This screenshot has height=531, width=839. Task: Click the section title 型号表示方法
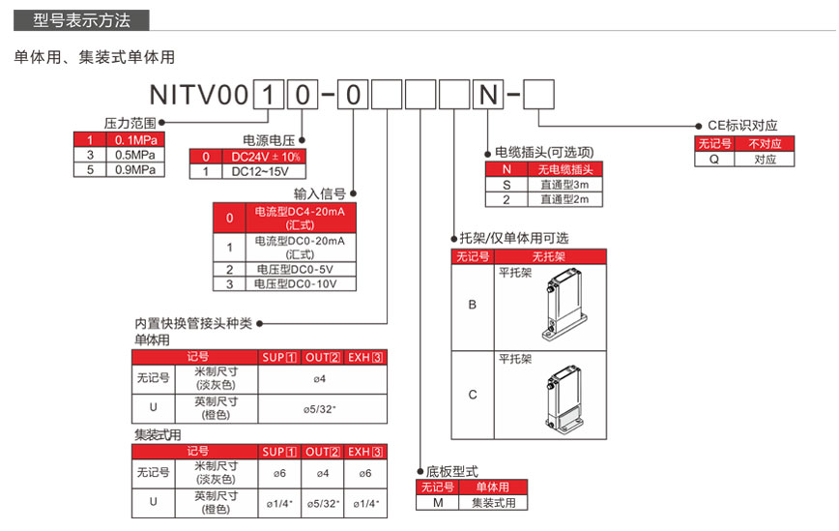coord(81,19)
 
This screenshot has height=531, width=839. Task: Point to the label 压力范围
coord(130,124)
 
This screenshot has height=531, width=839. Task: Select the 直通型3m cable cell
coord(564,184)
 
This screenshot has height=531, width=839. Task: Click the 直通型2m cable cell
coord(564,199)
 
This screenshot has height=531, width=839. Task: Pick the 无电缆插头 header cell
coord(564,169)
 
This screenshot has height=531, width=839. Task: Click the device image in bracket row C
coord(560,398)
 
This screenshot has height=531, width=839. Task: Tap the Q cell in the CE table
coord(714,159)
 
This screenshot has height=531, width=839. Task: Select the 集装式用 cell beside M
coord(493,502)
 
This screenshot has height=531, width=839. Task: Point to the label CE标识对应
coord(742,126)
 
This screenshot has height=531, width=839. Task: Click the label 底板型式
coord(453,471)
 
